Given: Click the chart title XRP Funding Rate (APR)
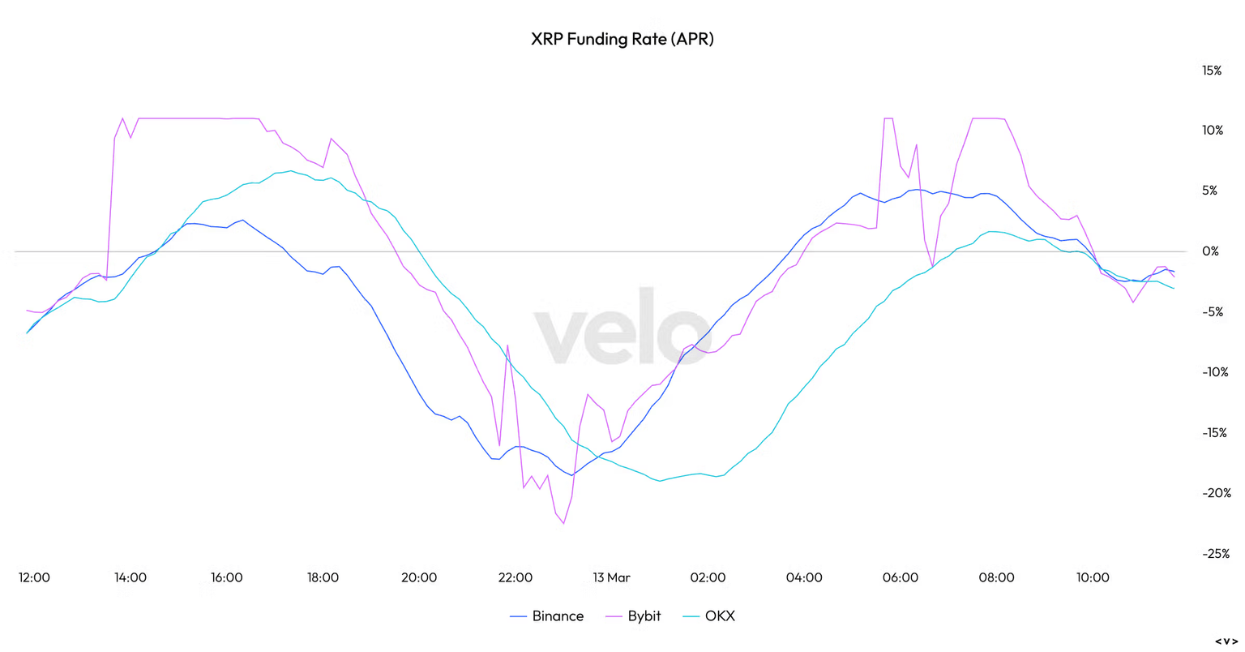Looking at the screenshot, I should point(622,39).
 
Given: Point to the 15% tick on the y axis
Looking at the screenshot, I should point(1212,71).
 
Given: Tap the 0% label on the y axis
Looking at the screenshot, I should point(1210,251).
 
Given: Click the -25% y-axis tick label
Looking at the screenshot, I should point(1215,554).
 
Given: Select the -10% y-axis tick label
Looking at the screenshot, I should point(1215,372).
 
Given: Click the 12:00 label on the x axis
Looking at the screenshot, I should point(34,577).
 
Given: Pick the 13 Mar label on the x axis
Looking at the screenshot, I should point(611,577).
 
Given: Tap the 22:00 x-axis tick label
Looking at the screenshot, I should point(515,577).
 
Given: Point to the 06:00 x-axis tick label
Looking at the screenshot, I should point(900,577).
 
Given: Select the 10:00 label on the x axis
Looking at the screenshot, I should point(1093,577).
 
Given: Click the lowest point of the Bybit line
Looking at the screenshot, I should point(563,524).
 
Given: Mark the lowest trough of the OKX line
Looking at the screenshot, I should point(660,481).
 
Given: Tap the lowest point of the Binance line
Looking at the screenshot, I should point(571,475).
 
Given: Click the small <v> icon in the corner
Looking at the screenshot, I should point(1226,641).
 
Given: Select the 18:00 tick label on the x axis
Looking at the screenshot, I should point(323,577).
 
